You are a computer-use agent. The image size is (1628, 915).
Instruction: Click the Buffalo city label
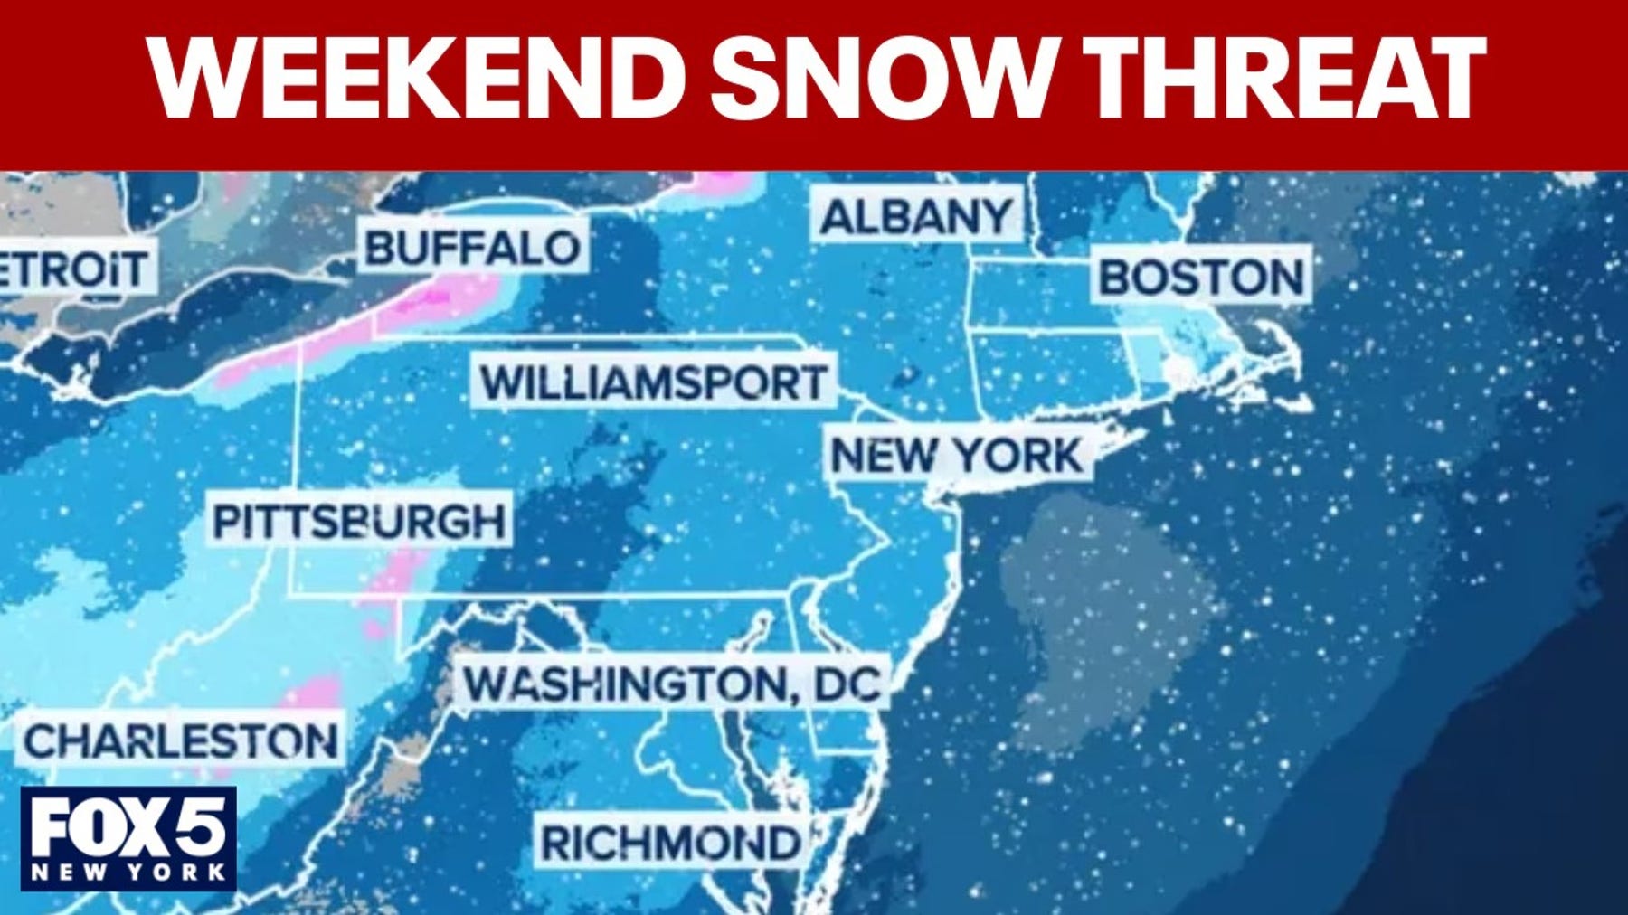pyautogui.click(x=472, y=247)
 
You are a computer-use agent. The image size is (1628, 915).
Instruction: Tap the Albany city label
pyautogui.click(x=917, y=216)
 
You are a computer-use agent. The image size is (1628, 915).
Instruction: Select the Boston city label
pyautogui.click(x=1201, y=277)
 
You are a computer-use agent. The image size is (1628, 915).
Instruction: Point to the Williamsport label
pyautogui.click(x=653, y=382)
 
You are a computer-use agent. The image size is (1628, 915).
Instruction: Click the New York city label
pyautogui.click(x=956, y=454)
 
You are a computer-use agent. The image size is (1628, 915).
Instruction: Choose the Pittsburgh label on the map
pyautogui.click(x=359, y=521)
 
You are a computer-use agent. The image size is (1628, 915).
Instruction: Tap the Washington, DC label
pyautogui.click(x=673, y=684)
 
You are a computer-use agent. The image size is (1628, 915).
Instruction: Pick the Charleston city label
pyautogui.click(x=181, y=741)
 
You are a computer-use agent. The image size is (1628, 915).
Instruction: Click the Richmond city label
pyautogui.click(x=669, y=843)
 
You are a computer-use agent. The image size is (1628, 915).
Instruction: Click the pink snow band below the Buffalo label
pyautogui.click(x=443, y=298)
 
